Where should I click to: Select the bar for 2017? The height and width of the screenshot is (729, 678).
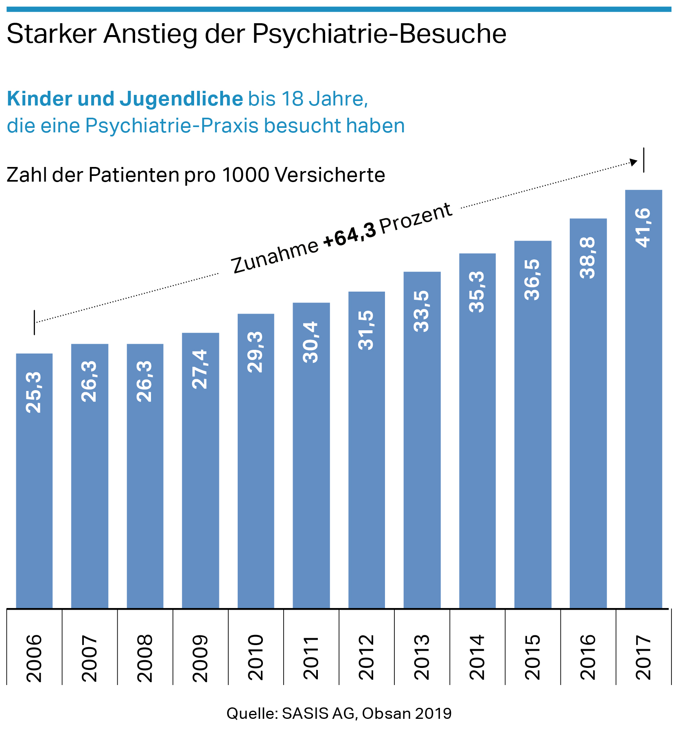coord(643,428)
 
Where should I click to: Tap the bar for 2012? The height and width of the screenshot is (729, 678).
coord(367,468)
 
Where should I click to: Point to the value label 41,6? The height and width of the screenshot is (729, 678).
coord(643,227)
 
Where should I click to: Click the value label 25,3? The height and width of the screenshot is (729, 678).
coord(34,393)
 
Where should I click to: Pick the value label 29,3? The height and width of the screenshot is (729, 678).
coord(256,352)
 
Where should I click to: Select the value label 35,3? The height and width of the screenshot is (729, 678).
coord(477,292)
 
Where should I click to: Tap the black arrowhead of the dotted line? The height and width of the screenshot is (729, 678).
coord(633,162)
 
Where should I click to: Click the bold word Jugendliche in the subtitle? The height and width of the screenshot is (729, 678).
coord(181,99)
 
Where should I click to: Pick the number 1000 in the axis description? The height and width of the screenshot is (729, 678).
coord(246,175)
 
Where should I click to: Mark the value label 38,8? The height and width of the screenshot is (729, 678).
coord(588,258)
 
